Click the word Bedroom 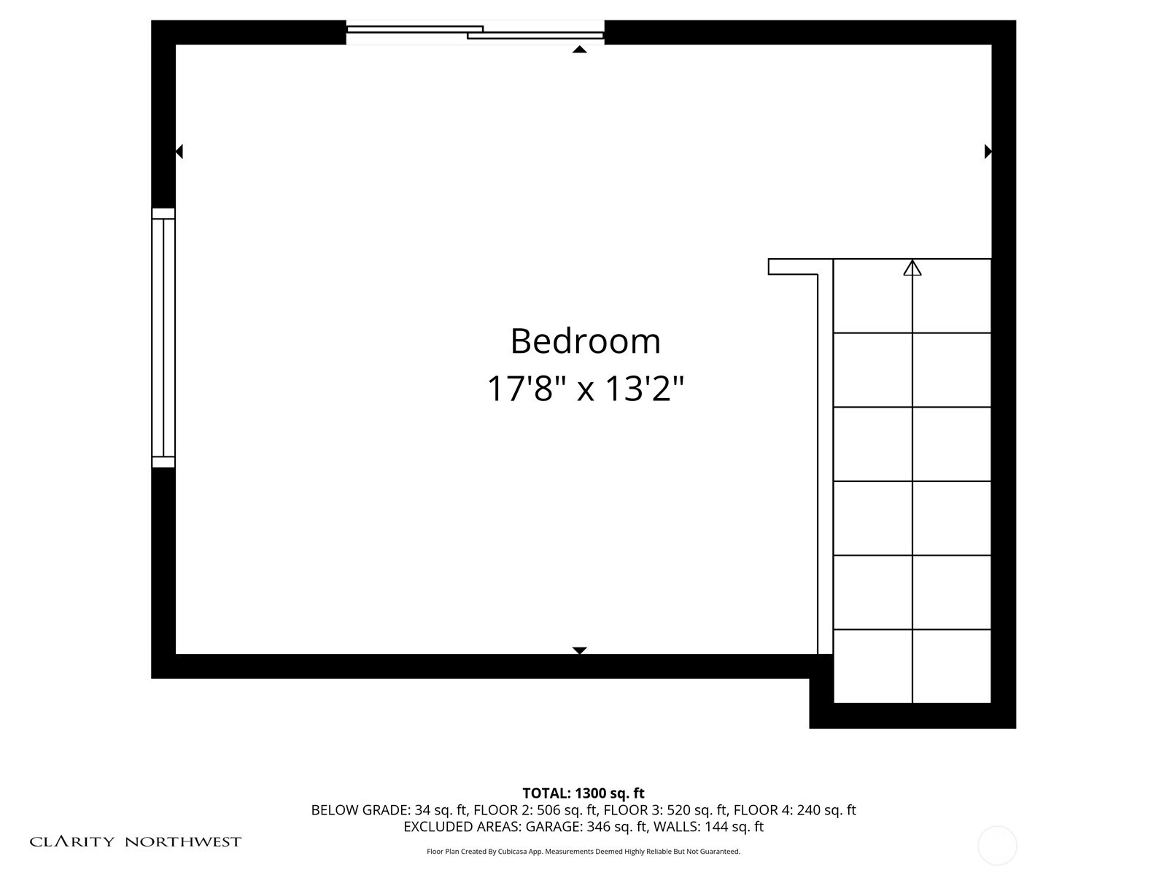[x=585, y=341]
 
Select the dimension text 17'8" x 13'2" [x=585, y=389]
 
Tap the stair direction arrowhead [x=912, y=268]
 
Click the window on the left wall [x=163, y=338]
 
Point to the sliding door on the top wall [x=475, y=32]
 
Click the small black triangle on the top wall [x=580, y=50]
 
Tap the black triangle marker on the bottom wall [x=580, y=650]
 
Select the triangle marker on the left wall [x=179, y=152]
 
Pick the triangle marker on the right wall [x=988, y=152]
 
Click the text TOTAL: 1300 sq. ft [x=583, y=793]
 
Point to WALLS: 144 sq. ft [x=708, y=827]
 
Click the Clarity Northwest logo [x=135, y=841]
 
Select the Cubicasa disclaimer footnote [x=583, y=852]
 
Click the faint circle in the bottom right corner [x=997, y=846]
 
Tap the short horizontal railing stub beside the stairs [x=793, y=267]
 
